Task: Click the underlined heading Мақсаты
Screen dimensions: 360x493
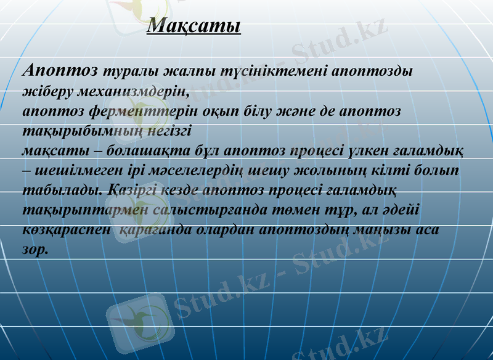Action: [x=194, y=26]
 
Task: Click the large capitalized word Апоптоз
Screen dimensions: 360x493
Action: [x=60, y=70]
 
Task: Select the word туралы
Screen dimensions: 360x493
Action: [x=132, y=70]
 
